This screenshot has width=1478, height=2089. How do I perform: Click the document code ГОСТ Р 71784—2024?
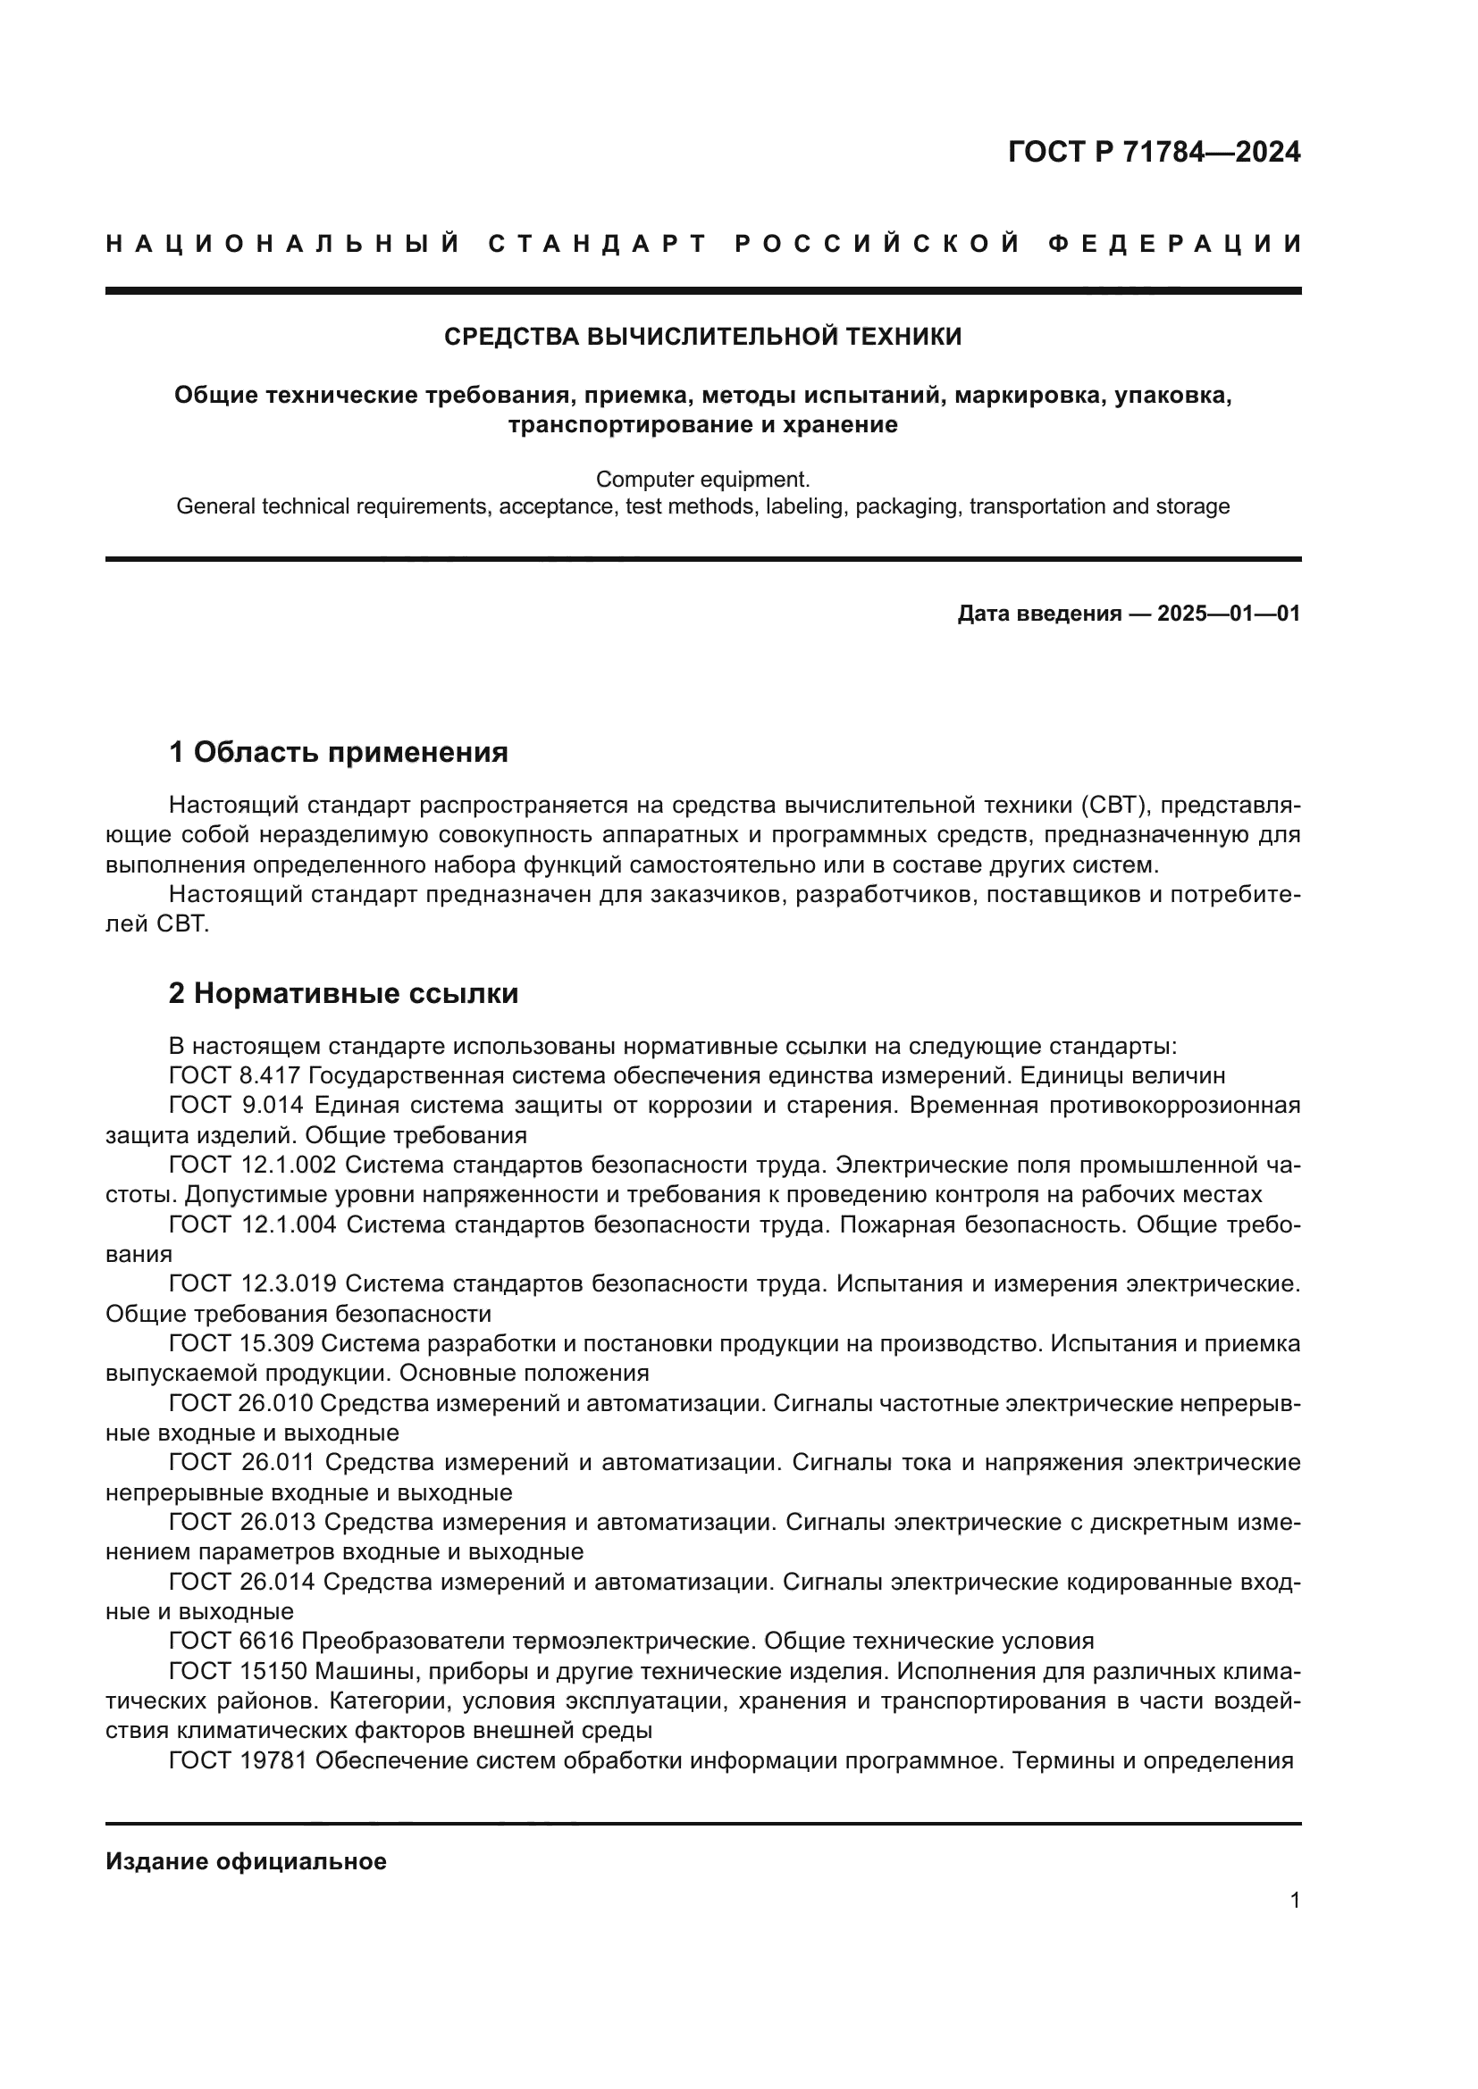[x=1154, y=152]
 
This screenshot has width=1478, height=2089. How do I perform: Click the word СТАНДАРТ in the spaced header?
[x=597, y=244]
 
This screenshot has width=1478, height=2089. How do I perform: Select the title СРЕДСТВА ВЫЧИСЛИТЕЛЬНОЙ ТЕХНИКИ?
[x=702, y=337]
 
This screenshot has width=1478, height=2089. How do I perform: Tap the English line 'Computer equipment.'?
[x=702, y=479]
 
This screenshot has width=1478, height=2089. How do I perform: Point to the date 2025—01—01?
[x=1229, y=614]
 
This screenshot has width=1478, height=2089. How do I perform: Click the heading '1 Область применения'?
[x=339, y=752]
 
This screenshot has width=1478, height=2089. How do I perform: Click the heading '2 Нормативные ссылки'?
[x=344, y=993]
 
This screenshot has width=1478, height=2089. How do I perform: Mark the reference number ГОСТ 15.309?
[x=241, y=1344]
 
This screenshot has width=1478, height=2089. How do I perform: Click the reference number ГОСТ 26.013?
[x=242, y=1522]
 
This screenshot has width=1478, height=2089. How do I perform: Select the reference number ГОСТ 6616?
[x=231, y=1642]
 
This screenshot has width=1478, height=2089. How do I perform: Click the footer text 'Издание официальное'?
[x=246, y=1861]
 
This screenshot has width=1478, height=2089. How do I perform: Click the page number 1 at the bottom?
[x=1294, y=1901]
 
